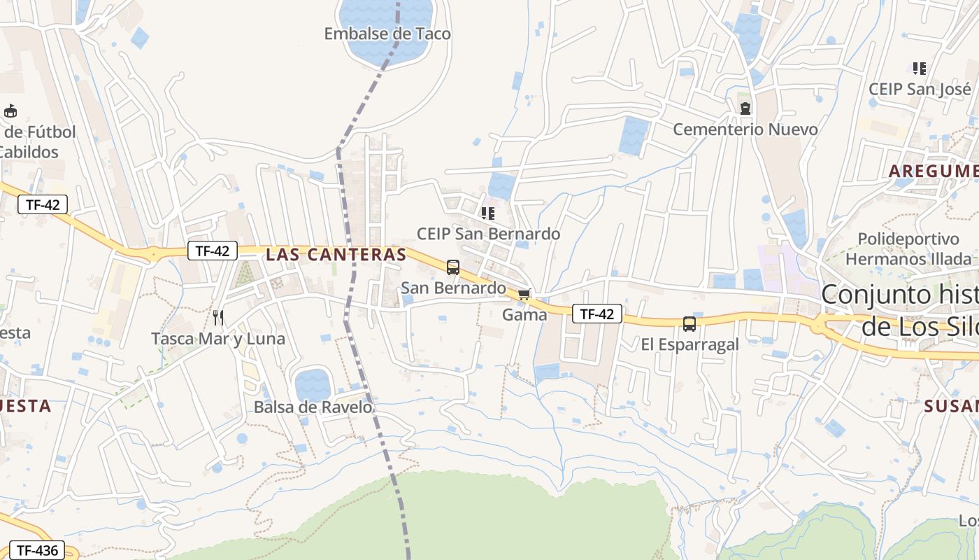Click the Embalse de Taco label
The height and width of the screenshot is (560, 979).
[x=387, y=34]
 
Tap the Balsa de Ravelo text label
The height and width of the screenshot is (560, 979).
[x=313, y=407]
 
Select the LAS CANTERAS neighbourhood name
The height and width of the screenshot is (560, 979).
[x=336, y=255]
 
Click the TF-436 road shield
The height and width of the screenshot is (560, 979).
[x=37, y=550]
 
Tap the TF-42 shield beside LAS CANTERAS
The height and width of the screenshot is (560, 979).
[x=213, y=251]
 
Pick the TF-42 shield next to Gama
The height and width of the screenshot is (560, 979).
[x=596, y=314]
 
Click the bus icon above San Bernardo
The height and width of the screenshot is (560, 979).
[x=453, y=267]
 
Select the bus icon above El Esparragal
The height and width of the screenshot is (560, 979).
[x=689, y=323]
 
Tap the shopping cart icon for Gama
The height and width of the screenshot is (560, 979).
[x=524, y=295]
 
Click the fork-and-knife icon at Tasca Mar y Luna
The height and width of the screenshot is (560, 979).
[x=218, y=318]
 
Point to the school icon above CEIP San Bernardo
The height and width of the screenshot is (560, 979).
[x=488, y=213]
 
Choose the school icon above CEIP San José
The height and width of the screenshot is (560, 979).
[x=920, y=69]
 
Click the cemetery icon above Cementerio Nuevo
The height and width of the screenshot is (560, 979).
[x=745, y=108]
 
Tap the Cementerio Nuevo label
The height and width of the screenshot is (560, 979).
[x=745, y=129]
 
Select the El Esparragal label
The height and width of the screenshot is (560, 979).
[x=689, y=344]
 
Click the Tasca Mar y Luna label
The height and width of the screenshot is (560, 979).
[x=218, y=339]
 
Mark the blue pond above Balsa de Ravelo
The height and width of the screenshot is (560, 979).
[x=312, y=384]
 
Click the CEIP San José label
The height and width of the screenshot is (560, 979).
[x=920, y=90]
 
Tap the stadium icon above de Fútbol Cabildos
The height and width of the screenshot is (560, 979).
[x=10, y=111]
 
